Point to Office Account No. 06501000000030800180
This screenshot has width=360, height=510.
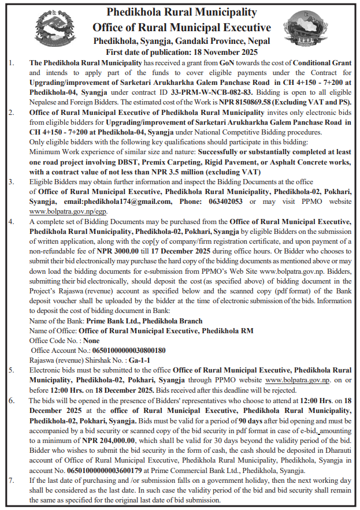click(125, 350)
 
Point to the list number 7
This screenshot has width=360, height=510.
click(12, 479)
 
